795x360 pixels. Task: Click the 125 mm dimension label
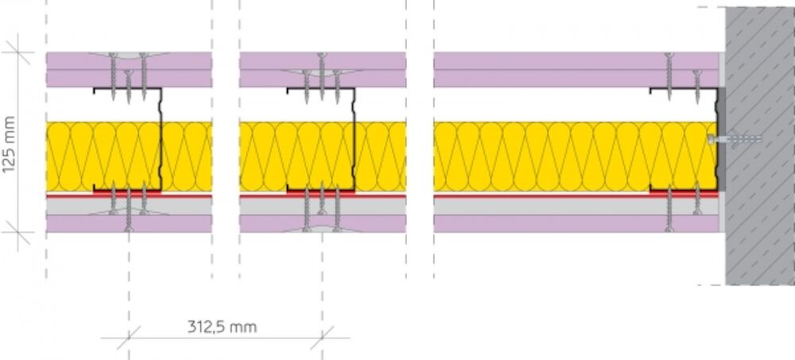click(9, 145)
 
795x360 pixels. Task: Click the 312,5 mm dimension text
click(222, 327)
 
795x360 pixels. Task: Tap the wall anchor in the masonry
click(734, 139)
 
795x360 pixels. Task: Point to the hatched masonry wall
click(760, 146)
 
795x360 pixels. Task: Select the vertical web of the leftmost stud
click(161, 139)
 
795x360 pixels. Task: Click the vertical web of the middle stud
click(354, 139)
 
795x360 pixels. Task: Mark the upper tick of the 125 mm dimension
click(17, 52)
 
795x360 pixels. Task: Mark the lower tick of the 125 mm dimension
click(17, 232)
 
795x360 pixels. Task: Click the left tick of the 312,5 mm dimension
click(129, 338)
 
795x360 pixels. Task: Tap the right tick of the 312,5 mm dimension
click(323, 338)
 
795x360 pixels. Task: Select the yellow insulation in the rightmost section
click(575, 157)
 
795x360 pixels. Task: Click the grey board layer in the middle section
click(323, 206)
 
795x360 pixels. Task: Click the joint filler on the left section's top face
click(128, 55)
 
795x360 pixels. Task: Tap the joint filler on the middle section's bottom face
click(322, 229)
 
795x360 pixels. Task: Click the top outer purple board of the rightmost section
click(576, 61)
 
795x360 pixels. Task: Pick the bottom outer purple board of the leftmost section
click(129, 223)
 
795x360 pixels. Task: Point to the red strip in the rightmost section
click(576, 195)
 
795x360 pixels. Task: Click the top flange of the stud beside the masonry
click(684, 90)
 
